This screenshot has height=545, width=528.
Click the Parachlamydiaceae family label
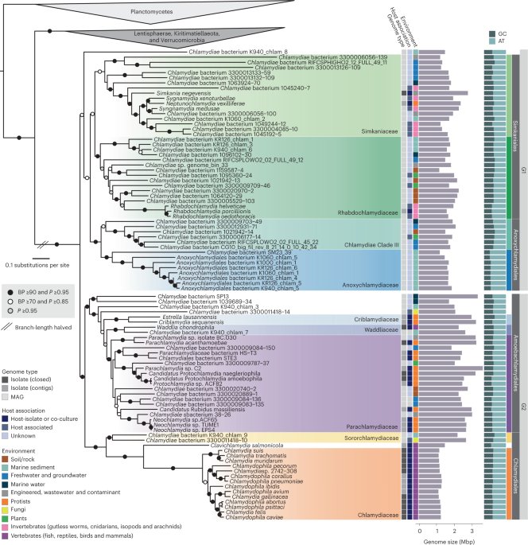pyautogui.click(x=363, y=426)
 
